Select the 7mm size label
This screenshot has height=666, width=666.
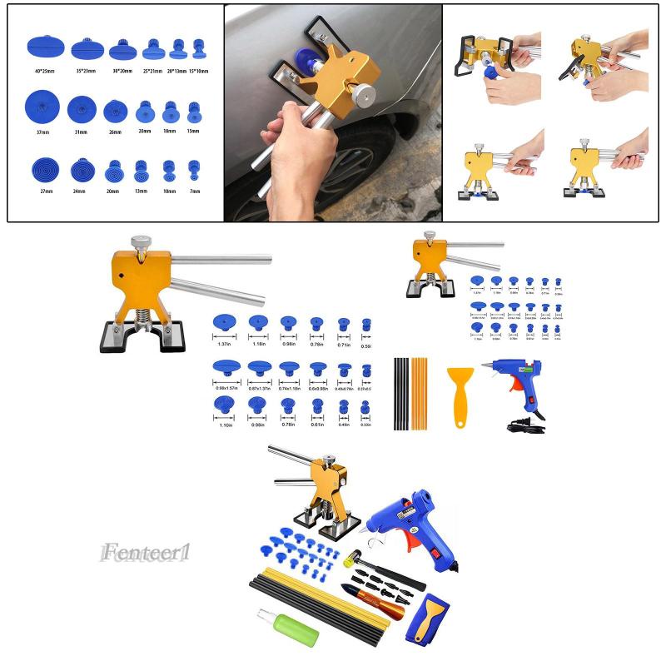point(194,191)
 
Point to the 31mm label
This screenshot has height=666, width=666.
point(80,132)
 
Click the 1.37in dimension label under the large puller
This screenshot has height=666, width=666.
point(224,344)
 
